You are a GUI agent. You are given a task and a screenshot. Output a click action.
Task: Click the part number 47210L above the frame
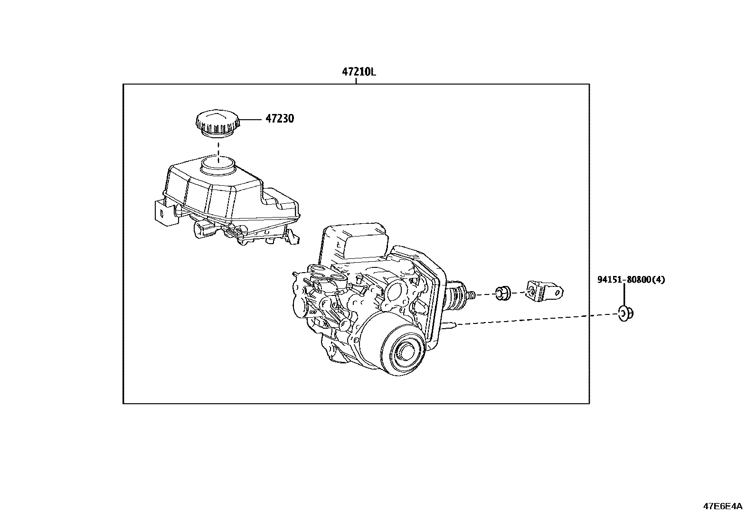tap(359, 73)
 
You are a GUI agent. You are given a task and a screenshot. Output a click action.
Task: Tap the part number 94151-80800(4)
tap(631, 280)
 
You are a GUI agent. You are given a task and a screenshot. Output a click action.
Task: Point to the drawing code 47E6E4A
tap(722, 506)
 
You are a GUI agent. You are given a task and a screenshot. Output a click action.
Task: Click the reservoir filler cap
tap(217, 123)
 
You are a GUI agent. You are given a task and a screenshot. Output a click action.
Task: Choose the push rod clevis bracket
tap(544, 290)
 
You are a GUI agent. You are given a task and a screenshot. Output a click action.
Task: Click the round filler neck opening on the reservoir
tap(218, 164)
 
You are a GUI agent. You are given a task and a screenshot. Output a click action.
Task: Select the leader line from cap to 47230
tap(250, 119)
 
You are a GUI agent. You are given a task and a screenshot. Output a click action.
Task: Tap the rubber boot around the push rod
tap(457, 295)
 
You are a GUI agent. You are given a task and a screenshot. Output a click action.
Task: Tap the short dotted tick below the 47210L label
tap(356, 82)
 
